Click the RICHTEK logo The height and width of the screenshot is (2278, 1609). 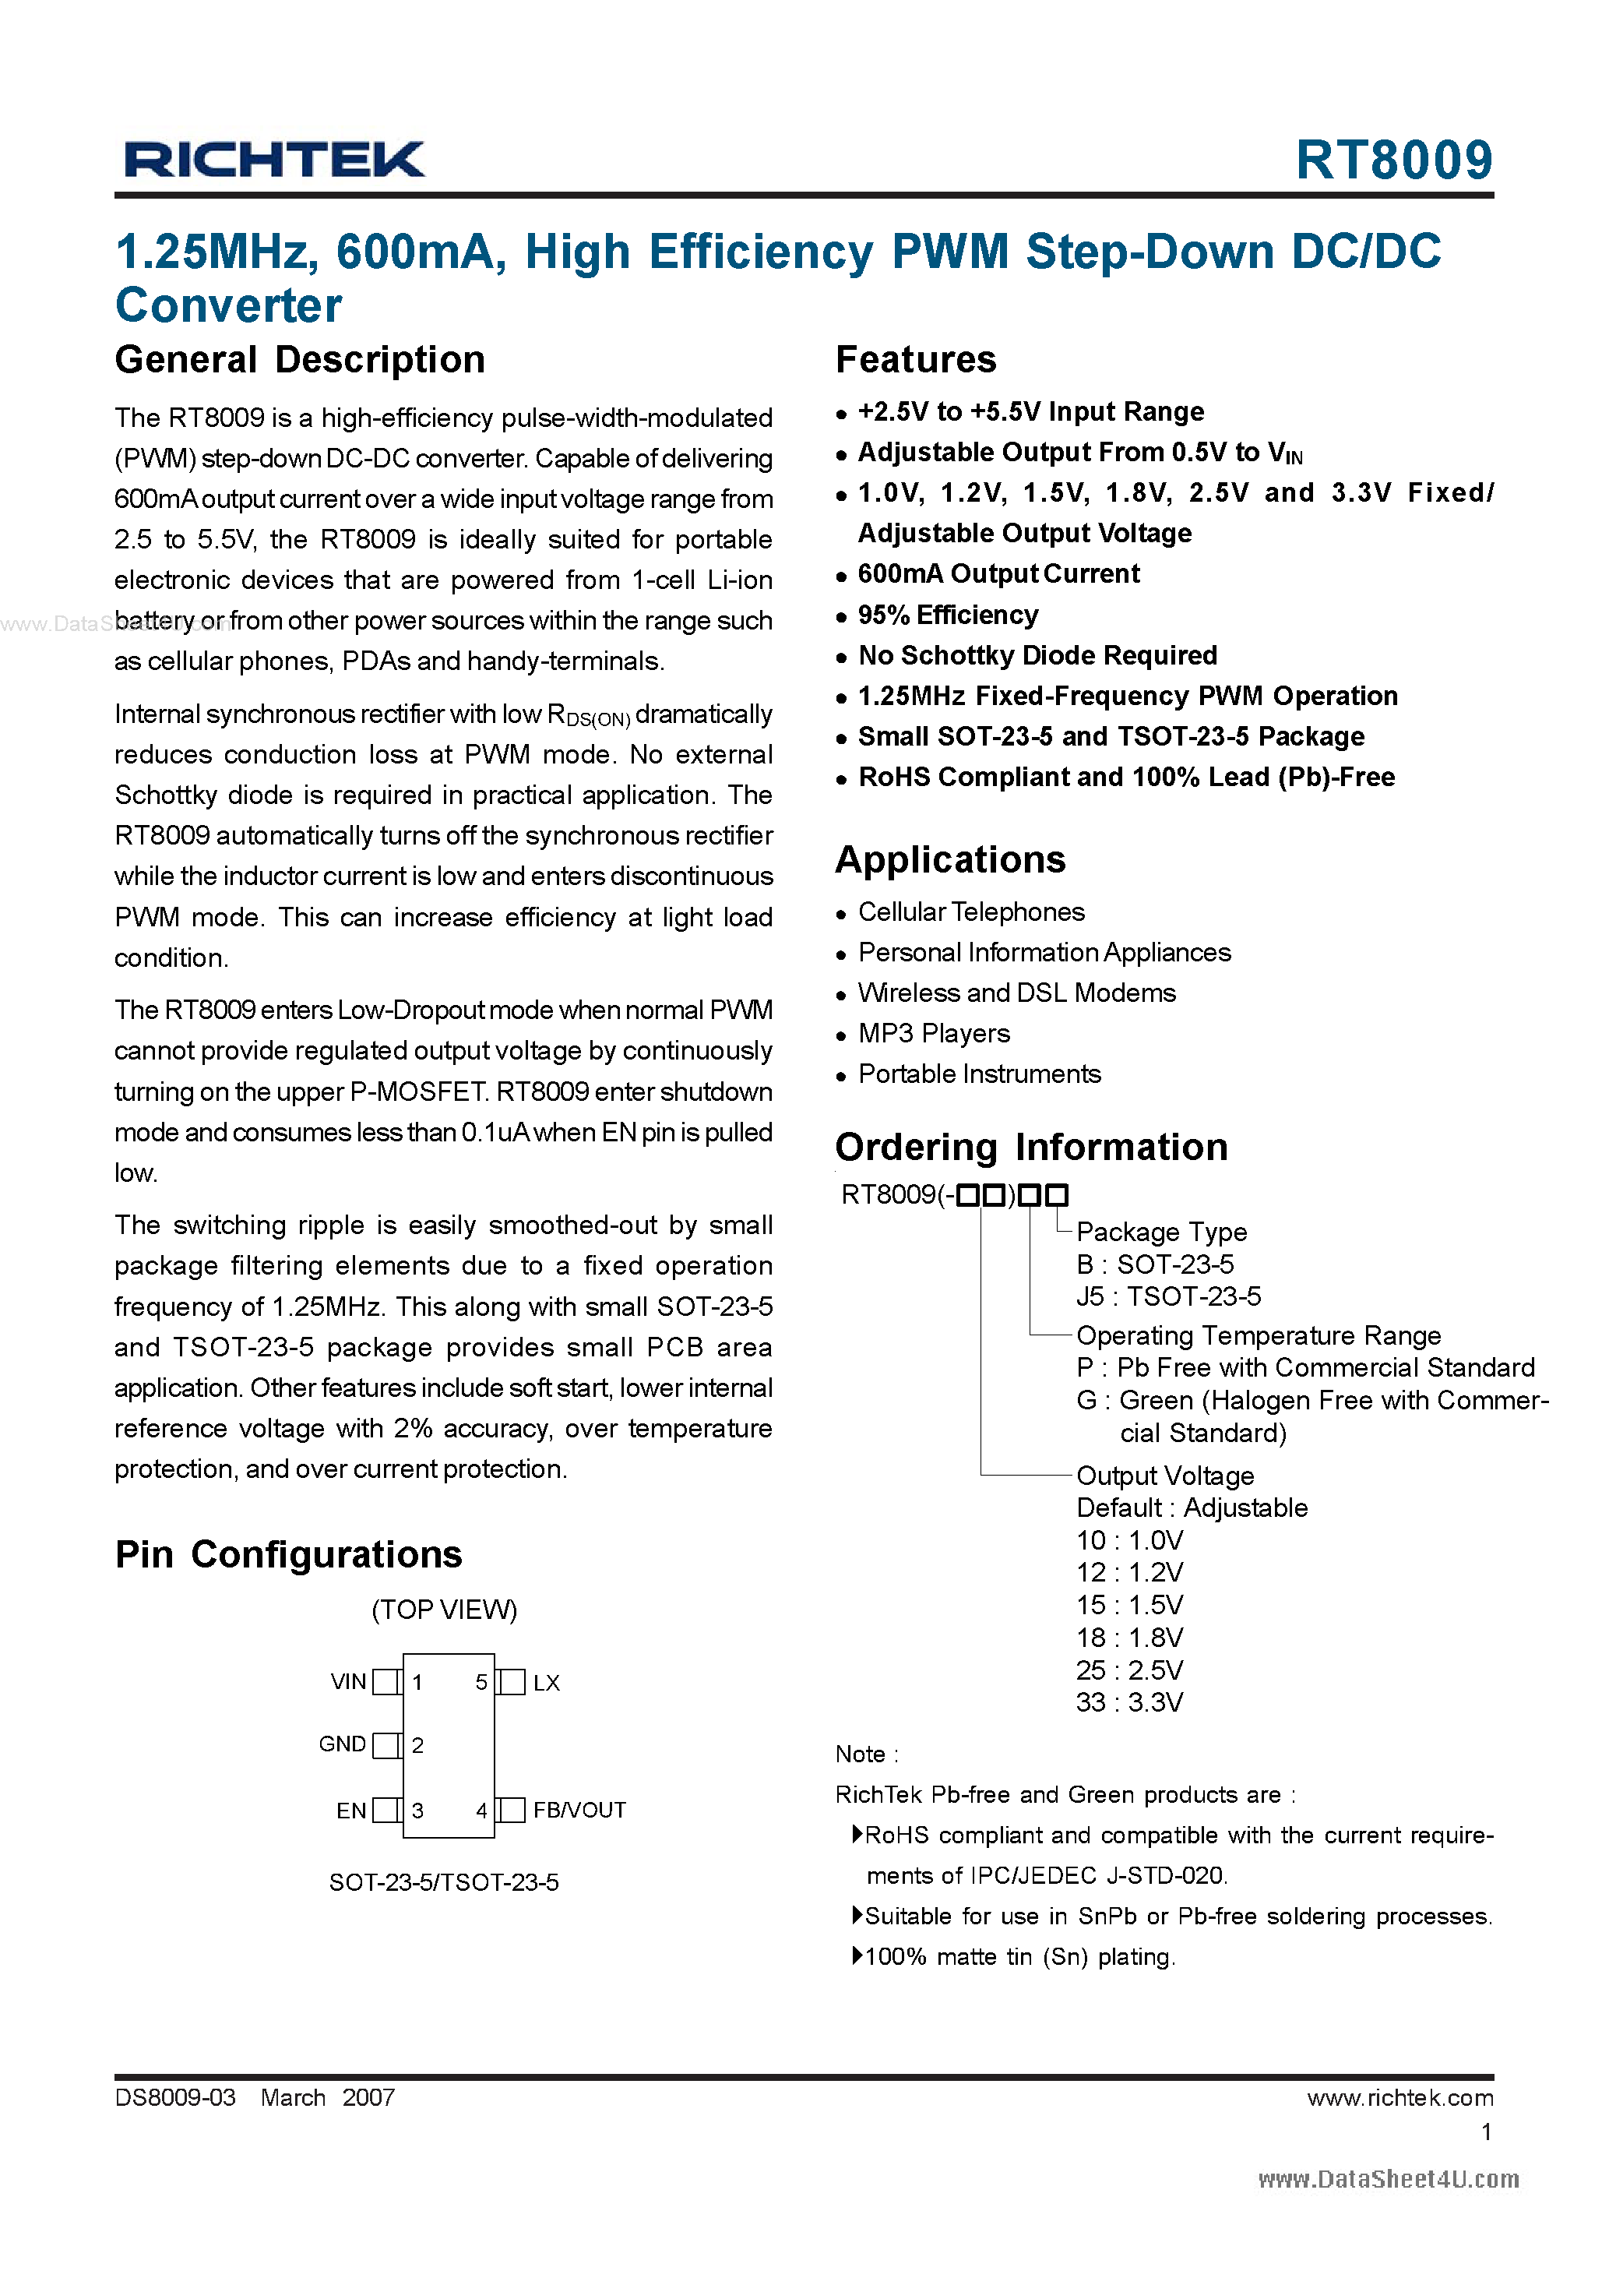pos(274,160)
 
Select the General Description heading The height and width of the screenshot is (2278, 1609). pos(300,360)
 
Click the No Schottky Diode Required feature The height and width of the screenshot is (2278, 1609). pos(1037,656)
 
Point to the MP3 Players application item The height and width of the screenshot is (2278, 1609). pos(934,1034)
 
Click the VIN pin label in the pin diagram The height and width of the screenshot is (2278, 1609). pos(348,1682)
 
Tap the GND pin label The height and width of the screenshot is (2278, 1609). pos(342,1744)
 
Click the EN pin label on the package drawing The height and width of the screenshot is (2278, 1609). pos(351,1811)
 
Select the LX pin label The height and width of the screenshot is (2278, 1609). pos(547,1683)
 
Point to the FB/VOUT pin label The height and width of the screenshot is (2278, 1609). pos(579,1811)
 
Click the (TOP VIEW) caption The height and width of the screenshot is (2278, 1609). pos(445,1610)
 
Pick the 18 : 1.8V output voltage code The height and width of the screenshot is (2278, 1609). pos(1129,1638)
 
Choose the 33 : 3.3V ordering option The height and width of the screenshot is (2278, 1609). pos(1129,1702)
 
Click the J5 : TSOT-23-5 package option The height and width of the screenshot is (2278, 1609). pos(1167,1296)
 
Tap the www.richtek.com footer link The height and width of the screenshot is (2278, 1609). pos(1399,2097)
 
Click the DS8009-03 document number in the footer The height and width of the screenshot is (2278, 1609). pos(175,2097)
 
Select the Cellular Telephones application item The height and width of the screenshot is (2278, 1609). pos(970,912)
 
